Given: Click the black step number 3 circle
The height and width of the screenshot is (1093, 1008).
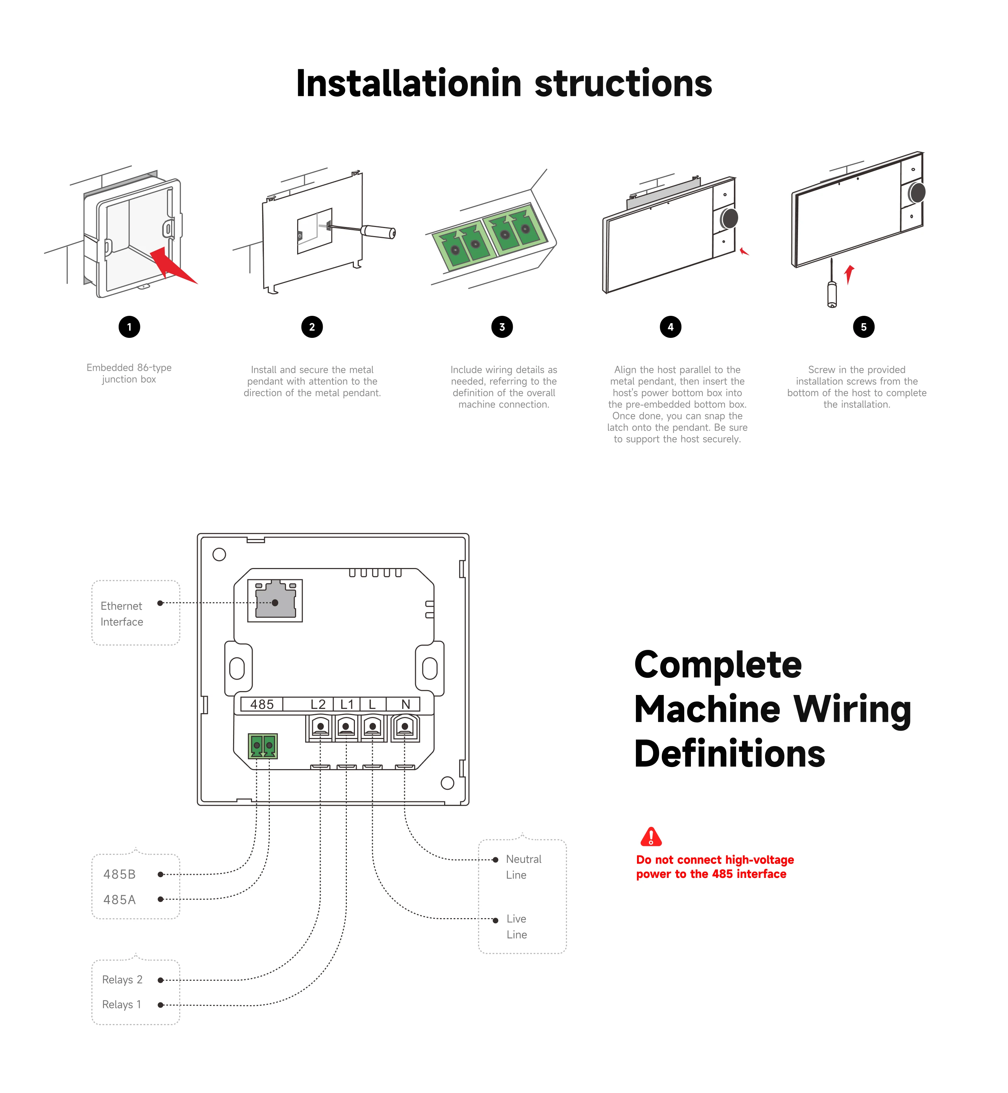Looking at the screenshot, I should tap(502, 327).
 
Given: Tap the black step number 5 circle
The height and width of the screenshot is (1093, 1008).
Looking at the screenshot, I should tap(863, 327).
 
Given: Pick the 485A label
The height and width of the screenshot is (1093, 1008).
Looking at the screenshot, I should tap(119, 900).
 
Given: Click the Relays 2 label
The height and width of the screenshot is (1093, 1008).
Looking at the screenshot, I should tap(122, 980).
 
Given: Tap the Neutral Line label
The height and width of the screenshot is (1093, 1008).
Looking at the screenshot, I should tap(523, 867).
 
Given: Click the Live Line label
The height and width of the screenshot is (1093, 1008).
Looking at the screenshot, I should tap(517, 927).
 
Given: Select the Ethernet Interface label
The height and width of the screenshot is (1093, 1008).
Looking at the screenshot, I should tap(122, 614).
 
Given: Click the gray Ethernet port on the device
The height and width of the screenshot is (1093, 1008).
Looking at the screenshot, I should tap(275, 601).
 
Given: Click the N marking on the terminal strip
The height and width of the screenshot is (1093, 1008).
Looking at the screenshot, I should tap(405, 704).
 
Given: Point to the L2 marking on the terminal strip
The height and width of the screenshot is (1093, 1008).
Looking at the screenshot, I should tap(318, 704).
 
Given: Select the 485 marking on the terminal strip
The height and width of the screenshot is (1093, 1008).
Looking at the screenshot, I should tap(262, 704).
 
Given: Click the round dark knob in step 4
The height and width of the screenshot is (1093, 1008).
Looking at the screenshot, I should tap(729, 218).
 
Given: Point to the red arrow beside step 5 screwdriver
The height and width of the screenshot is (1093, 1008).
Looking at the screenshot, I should tap(849, 274).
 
